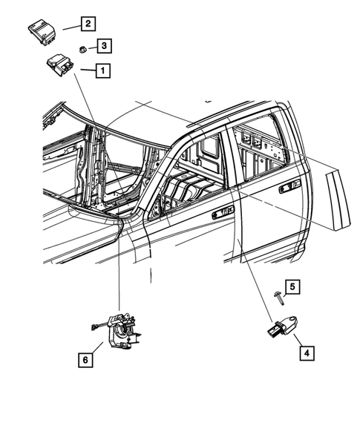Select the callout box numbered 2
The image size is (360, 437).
(87, 24)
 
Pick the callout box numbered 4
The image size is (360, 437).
(305, 353)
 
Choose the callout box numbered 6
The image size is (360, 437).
(86, 361)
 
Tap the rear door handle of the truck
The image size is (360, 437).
(286, 190)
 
